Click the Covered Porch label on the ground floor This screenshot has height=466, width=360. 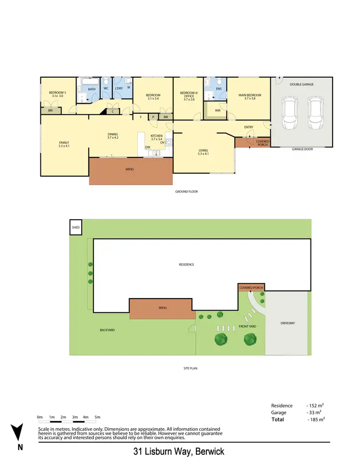[263, 143]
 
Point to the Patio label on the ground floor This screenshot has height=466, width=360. [130, 169]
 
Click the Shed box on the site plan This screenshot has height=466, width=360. [76, 228]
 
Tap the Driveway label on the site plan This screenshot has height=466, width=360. [288, 323]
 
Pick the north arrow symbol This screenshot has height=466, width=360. [18, 432]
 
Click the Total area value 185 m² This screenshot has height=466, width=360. [316, 419]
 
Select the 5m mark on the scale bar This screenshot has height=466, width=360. [97, 417]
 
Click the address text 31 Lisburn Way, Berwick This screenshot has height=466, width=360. [179, 452]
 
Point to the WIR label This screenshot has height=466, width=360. [217, 110]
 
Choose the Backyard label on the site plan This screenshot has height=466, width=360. [108, 330]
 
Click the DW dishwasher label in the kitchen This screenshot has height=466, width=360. [148, 147]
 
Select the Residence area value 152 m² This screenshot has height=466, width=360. [314, 405]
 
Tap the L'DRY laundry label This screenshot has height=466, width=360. [119, 89]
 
